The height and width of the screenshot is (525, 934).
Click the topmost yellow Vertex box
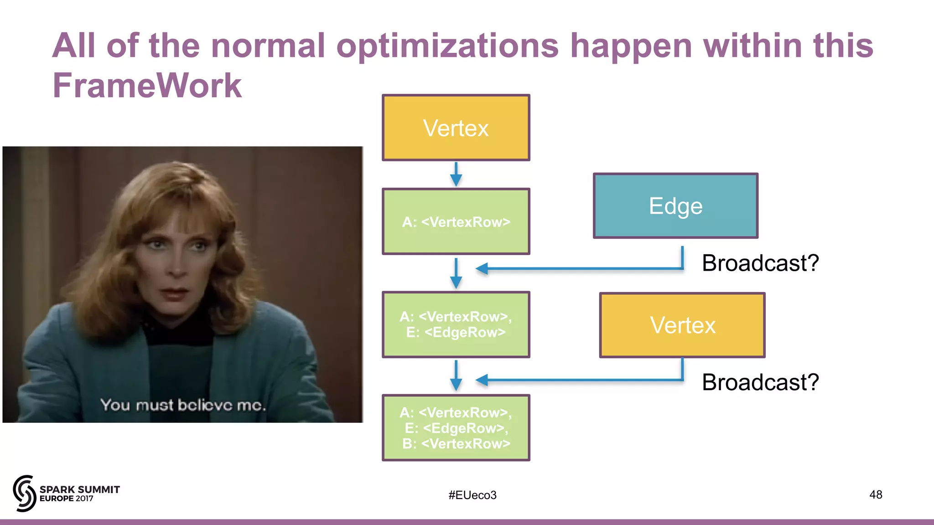[456, 128]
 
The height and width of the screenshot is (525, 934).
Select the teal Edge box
[675, 206]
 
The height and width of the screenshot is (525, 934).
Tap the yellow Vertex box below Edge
[682, 325]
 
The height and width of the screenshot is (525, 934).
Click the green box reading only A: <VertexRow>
[456, 221]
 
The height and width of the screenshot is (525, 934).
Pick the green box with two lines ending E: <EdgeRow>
[456, 324]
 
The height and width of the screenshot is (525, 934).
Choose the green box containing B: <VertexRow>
[456, 427]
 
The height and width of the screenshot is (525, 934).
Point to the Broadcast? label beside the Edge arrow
[760, 263]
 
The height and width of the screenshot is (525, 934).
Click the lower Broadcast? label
[760, 382]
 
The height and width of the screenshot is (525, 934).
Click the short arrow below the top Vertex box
[456, 174]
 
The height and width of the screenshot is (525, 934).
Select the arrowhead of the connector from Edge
[482, 268]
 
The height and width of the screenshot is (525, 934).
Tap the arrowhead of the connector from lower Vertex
[482, 380]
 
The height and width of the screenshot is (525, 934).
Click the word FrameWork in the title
[147, 85]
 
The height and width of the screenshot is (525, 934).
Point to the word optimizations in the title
[447, 46]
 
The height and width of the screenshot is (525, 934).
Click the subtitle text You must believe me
[183, 405]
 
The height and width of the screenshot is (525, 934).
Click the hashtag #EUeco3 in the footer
[472, 495]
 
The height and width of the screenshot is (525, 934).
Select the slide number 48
[875, 494]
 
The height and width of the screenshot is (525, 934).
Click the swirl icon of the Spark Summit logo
[24, 493]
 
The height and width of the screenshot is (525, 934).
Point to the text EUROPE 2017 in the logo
[66, 499]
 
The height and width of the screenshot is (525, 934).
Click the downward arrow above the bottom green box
[456, 376]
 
